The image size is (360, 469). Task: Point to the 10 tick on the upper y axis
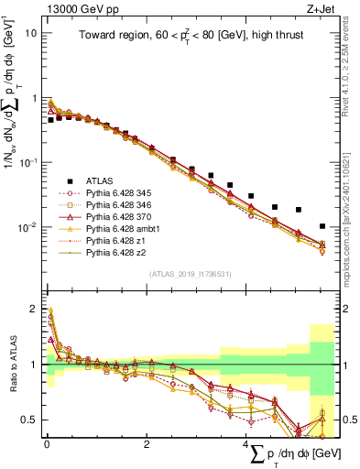pos(29,33)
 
